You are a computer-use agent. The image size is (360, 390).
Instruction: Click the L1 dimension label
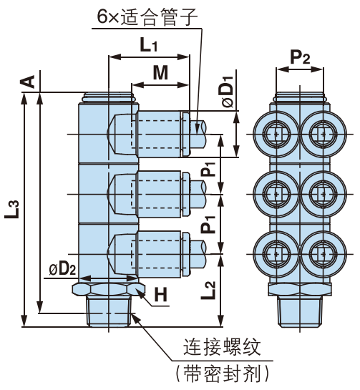point(148,46)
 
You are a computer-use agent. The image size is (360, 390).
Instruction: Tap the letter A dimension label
point(28,81)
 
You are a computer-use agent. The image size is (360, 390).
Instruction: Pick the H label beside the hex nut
point(160,294)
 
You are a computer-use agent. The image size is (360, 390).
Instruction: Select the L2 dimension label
point(208,290)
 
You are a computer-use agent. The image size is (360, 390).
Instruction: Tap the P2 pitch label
point(300,57)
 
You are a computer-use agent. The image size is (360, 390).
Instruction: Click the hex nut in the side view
point(109,288)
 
